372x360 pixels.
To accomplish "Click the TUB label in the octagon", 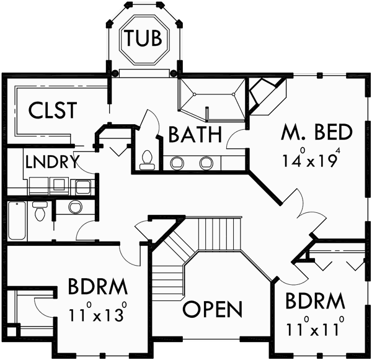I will (x=144, y=39).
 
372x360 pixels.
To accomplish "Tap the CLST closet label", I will (x=52, y=110).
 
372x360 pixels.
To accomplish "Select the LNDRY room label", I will (x=51, y=163).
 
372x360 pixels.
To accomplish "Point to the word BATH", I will (x=195, y=134).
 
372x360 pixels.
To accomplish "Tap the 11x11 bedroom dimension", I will (x=314, y=327).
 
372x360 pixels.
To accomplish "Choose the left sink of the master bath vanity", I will (x=178, y=163).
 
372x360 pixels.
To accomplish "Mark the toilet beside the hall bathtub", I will (x=40, y=211).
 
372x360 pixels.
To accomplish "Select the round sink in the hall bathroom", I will (x=74, y=207).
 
